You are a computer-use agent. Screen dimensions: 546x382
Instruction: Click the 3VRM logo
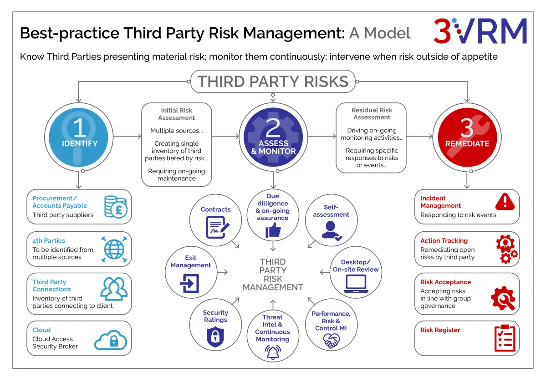[x=480, y=31]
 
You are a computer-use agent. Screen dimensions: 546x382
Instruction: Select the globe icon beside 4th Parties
[x=114, y=250]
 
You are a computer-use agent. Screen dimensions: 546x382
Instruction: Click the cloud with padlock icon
[x=111, y=340]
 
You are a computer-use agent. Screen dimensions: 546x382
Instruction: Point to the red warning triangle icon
[x=505, y=202]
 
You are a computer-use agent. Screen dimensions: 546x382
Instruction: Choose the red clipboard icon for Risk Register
[x=505, y=338]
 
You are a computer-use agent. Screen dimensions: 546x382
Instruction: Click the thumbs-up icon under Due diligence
[x=273, y=230]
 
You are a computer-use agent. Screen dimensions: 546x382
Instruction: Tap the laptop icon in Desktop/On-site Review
[x=356, y=284]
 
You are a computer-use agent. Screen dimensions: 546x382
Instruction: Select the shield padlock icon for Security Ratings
[x=215, y=337]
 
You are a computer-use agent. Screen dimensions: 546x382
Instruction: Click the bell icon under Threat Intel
[x=273, y=352]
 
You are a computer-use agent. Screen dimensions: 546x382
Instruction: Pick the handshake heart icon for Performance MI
[x=331, y=341]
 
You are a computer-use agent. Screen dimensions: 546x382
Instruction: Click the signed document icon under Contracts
[x=217, y=227]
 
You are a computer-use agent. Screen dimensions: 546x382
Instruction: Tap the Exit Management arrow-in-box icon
[x=190, y=283]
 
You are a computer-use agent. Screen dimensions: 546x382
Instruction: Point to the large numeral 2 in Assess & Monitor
[x=273, y=128]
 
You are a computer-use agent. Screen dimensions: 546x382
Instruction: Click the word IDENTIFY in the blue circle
[x=80, y=143]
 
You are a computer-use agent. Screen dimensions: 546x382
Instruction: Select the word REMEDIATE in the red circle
[x=467, y=143]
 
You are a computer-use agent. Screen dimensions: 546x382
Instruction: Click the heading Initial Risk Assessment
[x=177, y=114]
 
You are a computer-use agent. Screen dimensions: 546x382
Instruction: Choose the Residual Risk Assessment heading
[x=372, y=114]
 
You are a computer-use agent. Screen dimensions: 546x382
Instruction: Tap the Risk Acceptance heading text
[x=445, y=282]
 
